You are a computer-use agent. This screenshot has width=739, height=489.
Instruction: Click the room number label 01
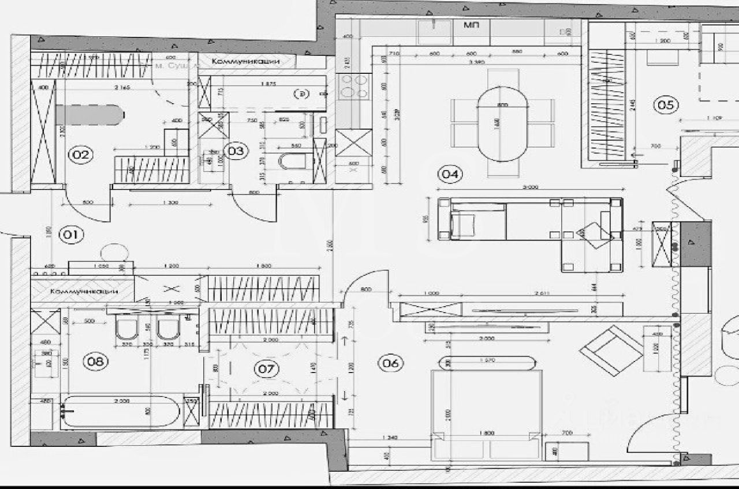73,235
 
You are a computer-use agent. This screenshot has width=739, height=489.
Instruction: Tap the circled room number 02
81,154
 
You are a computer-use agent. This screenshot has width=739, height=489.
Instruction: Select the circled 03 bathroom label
236,151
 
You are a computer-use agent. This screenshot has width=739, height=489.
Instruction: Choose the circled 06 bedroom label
390,363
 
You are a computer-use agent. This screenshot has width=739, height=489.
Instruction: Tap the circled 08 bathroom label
96,362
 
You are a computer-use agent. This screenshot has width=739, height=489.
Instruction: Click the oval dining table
502,124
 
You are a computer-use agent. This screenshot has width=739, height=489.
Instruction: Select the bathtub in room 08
121,412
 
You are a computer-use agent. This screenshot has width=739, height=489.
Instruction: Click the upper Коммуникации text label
245,61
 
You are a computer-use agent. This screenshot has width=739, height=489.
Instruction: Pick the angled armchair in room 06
611,349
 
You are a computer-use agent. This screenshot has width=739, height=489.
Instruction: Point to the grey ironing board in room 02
89,114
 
